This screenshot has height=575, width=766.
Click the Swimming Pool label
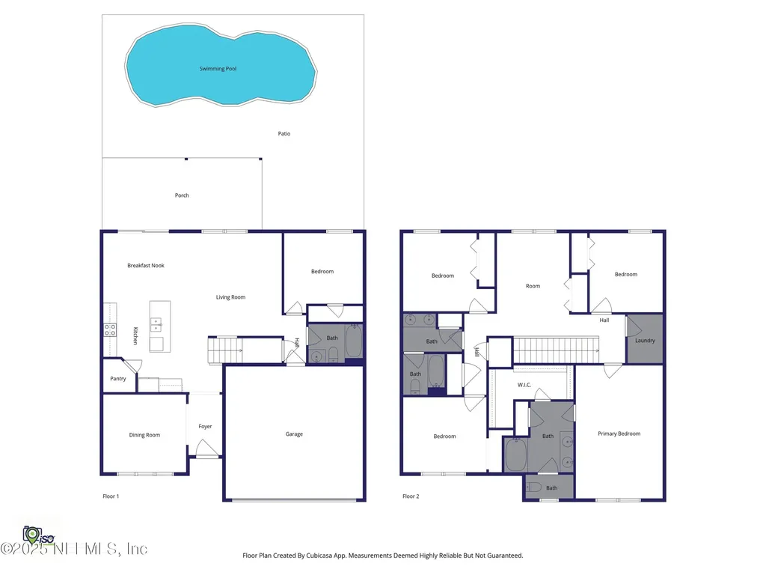click(218, 69)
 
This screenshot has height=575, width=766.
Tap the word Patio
click(284, 134)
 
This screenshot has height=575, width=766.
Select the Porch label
click(182, 195)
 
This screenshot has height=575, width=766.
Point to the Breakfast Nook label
click(145, 266)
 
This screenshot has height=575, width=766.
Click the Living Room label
click(230, 297)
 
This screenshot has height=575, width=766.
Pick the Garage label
click(294, 434)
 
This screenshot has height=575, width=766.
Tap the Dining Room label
click(144, 435)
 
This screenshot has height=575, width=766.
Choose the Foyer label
click(205, 427)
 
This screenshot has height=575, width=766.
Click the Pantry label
click(118, 379)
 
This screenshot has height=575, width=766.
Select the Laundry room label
click(645, 341)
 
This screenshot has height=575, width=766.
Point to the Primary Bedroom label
click(619, 433)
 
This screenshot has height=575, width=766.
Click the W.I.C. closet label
click(524, 385)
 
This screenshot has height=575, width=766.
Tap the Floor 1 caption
click(111, 496)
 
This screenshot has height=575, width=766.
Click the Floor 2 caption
click(411, 496)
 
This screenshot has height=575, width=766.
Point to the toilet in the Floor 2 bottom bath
click(534, 487)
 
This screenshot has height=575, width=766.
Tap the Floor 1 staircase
click(224, 350)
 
